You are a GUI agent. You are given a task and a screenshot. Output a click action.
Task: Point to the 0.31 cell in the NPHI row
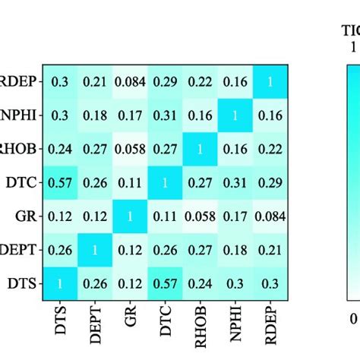tap(164, 116)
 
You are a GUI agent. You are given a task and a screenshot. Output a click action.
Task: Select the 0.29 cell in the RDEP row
tap(164, 83)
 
